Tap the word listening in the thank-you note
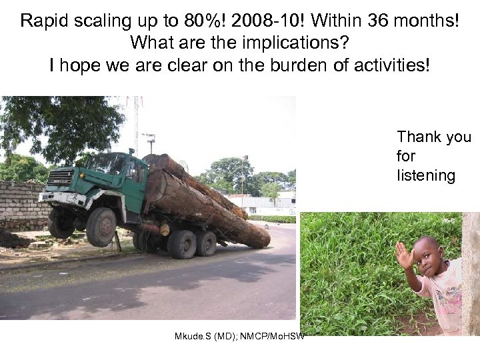425,176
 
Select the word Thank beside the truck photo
419,137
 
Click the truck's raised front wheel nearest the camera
102,227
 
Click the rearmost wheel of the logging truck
205,244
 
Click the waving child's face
426,254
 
